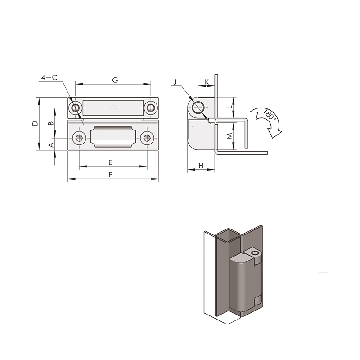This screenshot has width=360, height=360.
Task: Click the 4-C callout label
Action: pyautogui.click(x=49, y=77)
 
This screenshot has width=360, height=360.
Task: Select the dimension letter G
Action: pyautogui.click(x=115, y=80)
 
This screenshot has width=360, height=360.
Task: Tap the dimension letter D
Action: pyautogui.click(x=35, y=123)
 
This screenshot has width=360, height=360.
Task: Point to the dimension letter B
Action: pyautogui.click(x=51, y=123)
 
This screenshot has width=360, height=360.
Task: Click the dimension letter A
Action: pyautogui.click(x=51, y=145)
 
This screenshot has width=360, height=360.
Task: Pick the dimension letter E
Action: pyautogui.click(x=110, y=162)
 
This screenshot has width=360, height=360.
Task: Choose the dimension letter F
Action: pyautogui.click(x=110, y=175)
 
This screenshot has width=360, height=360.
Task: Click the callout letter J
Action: pyautogui.click(x=175, y=82)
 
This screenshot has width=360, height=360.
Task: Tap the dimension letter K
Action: pyautogui.click(x=207, y=82)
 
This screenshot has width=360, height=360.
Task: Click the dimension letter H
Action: pyautogui.click(x=201, y=166)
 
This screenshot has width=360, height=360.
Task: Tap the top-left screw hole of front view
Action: pyautogui.click(x=76, y=108)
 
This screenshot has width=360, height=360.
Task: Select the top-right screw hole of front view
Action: pyautogui.click(x=150, y=108)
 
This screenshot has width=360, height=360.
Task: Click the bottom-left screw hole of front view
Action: pyautogui.click(x=80, y=138)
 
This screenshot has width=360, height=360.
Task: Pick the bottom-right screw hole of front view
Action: pyautogui.click(x=147, y=138)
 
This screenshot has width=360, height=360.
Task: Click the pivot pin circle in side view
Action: pyautogui.click(x=198, y=108)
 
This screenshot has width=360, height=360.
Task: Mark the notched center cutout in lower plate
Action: pyautogui.click(x=113, y=136)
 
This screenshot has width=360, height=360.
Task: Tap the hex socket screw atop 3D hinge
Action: pyautogui.click(x=255, y=253)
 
